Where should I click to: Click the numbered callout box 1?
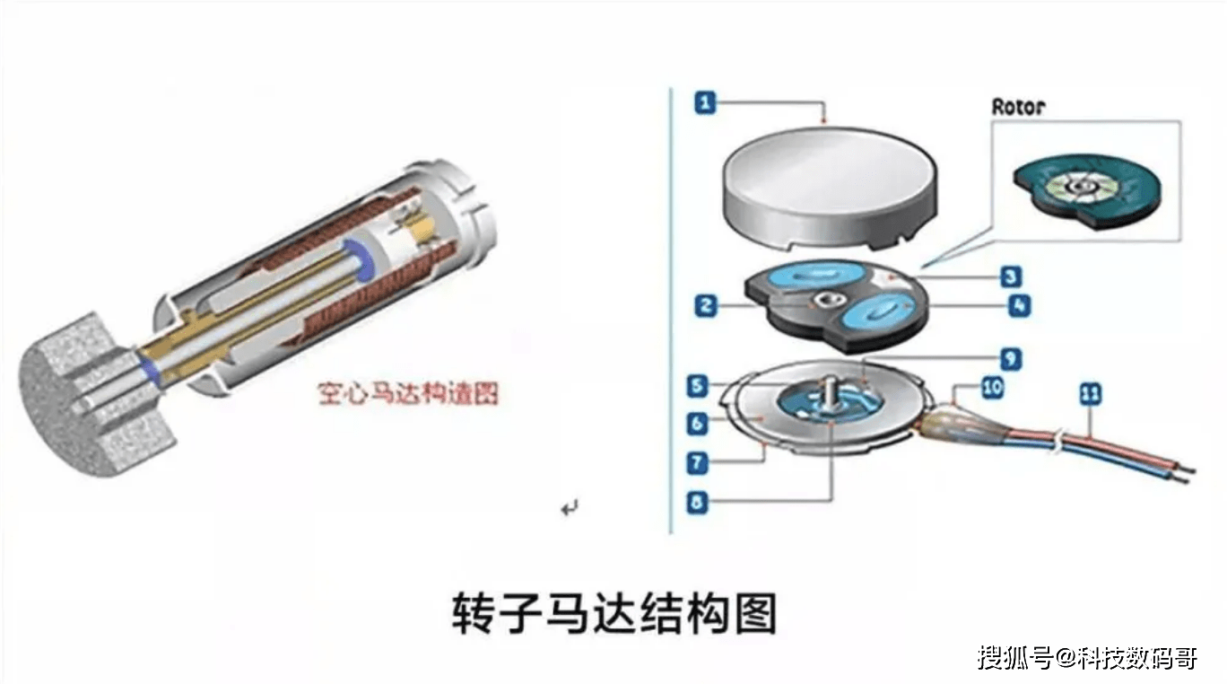pos(705,102)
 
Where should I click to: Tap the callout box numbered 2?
pos(706,306)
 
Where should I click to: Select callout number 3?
pos(1011,276)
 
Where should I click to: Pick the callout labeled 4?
pos(1020,305)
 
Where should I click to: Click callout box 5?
pos(697,386)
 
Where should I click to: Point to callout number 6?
pos(697,424)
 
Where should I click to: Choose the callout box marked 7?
pos(697,463)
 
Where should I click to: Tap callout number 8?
pos(697,503)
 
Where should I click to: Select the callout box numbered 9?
pos(1011,359)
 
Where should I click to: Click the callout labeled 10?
pos(992,388)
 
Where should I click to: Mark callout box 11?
pos(1090,394)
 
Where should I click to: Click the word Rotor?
pos(1018,107)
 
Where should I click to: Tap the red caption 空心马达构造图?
pos(408,393)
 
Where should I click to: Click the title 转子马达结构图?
pos(614,613)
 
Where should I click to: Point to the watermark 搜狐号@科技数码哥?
pos(1087,657)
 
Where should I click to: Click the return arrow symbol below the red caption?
pos(570,508)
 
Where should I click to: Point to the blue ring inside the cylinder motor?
pos(362,258)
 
